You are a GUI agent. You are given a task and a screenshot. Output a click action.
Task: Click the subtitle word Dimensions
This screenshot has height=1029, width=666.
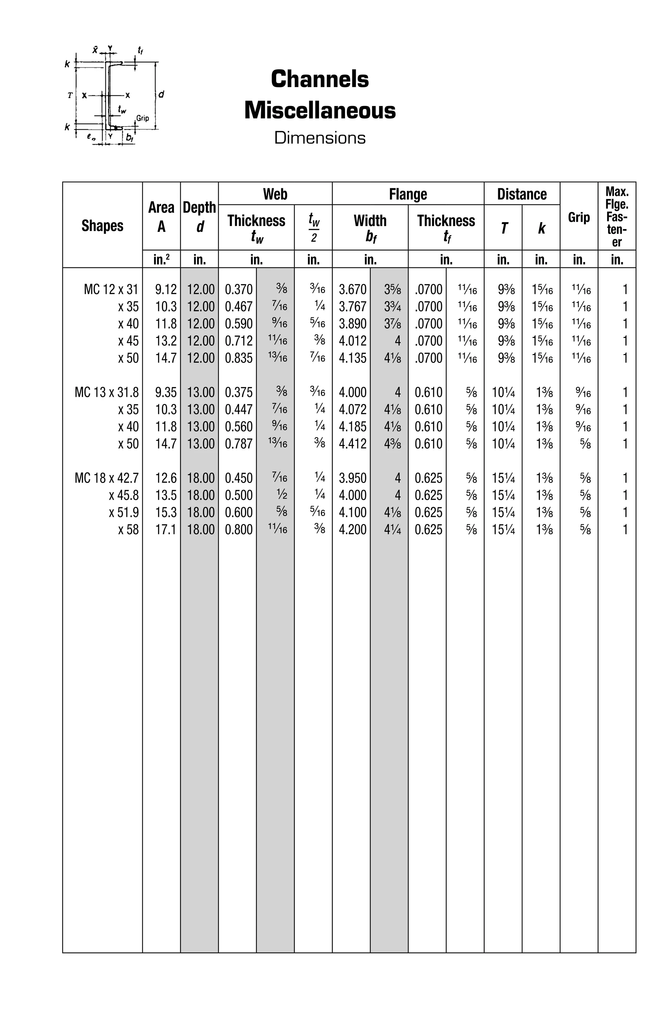coord(320,138)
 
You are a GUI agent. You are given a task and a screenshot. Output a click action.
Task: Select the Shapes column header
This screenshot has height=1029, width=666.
coord(102,226)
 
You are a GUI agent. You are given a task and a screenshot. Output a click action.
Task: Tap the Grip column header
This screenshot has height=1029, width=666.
coord(579,218)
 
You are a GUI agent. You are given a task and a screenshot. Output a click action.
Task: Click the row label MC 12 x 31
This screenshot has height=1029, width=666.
coord(111,289)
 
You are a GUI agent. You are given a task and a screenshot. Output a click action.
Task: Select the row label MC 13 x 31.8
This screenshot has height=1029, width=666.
coord(107,392)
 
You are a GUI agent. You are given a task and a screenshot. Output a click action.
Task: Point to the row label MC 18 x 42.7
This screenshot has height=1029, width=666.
coord(107,478)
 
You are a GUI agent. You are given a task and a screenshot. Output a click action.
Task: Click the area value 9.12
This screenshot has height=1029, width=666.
coord(166,289)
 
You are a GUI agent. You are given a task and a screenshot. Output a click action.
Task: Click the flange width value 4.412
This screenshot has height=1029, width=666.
coord(352,444)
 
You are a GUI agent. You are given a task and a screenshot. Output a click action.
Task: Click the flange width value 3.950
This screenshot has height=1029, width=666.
coord(352,478)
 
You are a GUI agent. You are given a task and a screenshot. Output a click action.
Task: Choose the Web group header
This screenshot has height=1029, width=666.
coord(275,194)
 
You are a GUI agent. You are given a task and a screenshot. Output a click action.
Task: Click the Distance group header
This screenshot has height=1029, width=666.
coord(522,194)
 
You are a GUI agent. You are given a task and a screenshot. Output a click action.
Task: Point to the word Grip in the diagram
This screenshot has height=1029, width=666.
coord(143,118)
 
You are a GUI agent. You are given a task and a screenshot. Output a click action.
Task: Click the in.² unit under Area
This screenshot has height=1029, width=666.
coord(161,260)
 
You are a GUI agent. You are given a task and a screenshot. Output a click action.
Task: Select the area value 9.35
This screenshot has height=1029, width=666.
coord(166,392)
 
